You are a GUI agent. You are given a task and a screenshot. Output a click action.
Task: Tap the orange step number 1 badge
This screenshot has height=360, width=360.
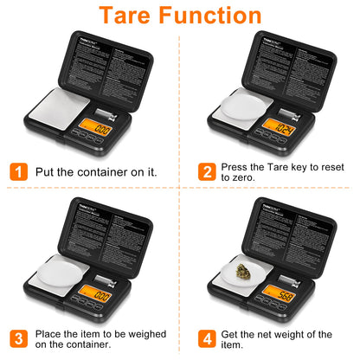pos(17,171)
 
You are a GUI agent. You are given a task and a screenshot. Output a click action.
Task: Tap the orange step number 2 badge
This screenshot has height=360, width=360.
pos(207,171)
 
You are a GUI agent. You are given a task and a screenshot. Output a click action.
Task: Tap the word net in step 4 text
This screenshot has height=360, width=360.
pos(264,334)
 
